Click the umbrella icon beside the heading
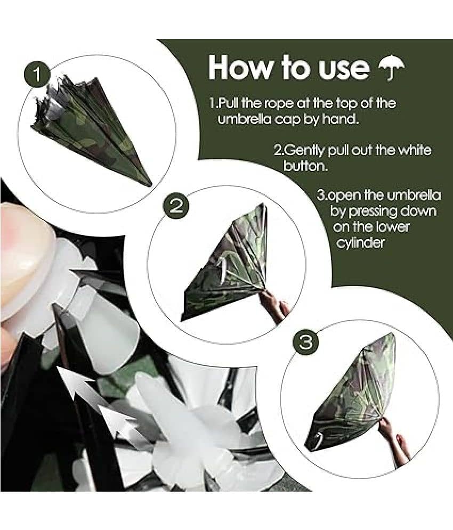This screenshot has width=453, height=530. pos(391,69)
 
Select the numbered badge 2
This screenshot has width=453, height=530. pos(176,206)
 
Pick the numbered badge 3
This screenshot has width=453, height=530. pos(306,343)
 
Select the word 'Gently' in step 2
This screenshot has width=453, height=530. pos(303,150)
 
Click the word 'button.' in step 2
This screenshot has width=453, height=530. pos(306,166)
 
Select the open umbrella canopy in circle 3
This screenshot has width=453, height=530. pos(352,395)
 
